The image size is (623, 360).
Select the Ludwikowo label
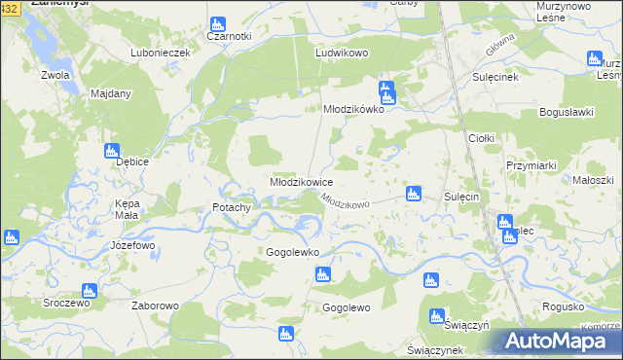pos(341,54)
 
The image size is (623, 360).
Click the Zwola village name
pos(55,74)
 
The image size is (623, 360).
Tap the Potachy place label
pos(233,207)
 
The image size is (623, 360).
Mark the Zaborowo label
pos(155,306)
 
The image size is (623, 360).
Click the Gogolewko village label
pos(293,252)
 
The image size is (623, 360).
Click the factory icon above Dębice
pos(111,150)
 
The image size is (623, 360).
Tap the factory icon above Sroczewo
pos(89,290)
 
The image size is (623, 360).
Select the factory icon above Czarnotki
pos(216,21)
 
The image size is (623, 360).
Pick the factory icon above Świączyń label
pos(437,315)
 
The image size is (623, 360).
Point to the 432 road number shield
pos(8,8)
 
